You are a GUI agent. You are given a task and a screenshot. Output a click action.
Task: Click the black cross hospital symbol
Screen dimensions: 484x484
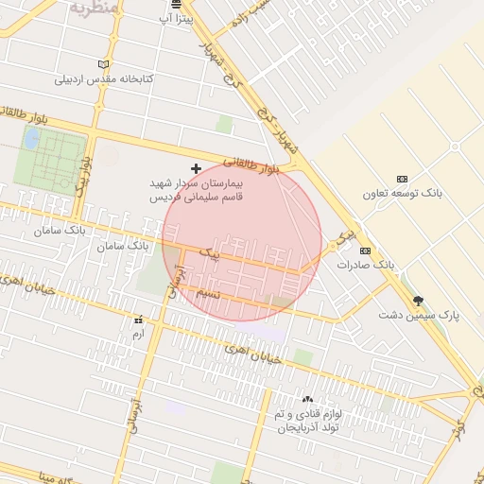(x=197, y=168)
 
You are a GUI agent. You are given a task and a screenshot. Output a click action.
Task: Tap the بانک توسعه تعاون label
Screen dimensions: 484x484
(x=402, y=194)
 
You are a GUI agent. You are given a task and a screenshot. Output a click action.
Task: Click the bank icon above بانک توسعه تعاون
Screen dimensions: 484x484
(x=402, y=179)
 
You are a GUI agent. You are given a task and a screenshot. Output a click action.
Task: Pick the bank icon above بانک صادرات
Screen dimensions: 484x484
(x=365, y=251)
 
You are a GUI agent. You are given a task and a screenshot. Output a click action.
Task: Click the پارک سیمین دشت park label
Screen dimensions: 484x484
(x=418, y=315)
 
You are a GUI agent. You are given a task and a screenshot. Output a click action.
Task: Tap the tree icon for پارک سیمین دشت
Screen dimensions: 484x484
(x=418, y=301)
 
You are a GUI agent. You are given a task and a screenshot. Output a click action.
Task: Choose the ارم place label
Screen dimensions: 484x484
(x=139, y=335)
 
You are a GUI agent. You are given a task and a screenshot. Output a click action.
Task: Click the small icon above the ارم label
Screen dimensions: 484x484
(x=139, y=320)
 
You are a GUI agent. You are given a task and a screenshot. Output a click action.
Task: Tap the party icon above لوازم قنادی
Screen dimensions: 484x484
(x=307, y=401)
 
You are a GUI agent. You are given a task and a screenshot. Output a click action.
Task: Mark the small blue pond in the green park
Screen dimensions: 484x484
(x=32, y=140)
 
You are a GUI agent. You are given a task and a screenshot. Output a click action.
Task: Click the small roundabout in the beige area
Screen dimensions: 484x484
(x=455, y=147)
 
